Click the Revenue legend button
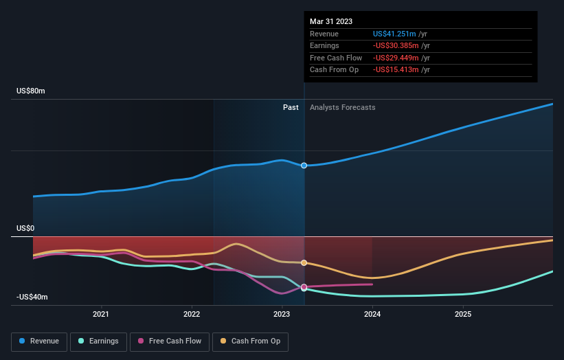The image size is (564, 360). click(x=39, y=341)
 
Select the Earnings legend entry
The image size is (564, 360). click(x=98, y=341)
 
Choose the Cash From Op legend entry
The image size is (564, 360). click(x=250, y=341)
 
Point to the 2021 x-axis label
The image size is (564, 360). click(x=101, y=315)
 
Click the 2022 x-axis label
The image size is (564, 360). click(x=192, y=315)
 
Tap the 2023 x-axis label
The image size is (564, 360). click(x=282, y=315)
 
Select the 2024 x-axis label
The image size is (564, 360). click(x=372, y=315)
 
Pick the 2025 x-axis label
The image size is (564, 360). click(x=463, y=315)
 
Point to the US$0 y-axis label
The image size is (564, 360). click(x=25, y=228)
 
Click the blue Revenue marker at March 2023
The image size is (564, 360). click(x=304, y=166)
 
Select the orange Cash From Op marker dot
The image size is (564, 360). click(x=304, y=262)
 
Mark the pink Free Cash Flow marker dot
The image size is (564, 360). click(x=304, y=287)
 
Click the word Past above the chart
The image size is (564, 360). click(x=291, y=107)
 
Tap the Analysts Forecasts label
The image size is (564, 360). click(x=342, y=107)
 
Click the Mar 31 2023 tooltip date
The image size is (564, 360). click(x=331, y=21)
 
